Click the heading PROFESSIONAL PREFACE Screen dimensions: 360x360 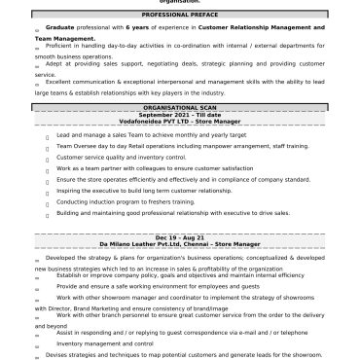tap(180, 16)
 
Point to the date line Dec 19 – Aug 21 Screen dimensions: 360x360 tap(180, 235)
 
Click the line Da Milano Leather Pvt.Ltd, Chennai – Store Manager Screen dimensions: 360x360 tap(180, 242)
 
